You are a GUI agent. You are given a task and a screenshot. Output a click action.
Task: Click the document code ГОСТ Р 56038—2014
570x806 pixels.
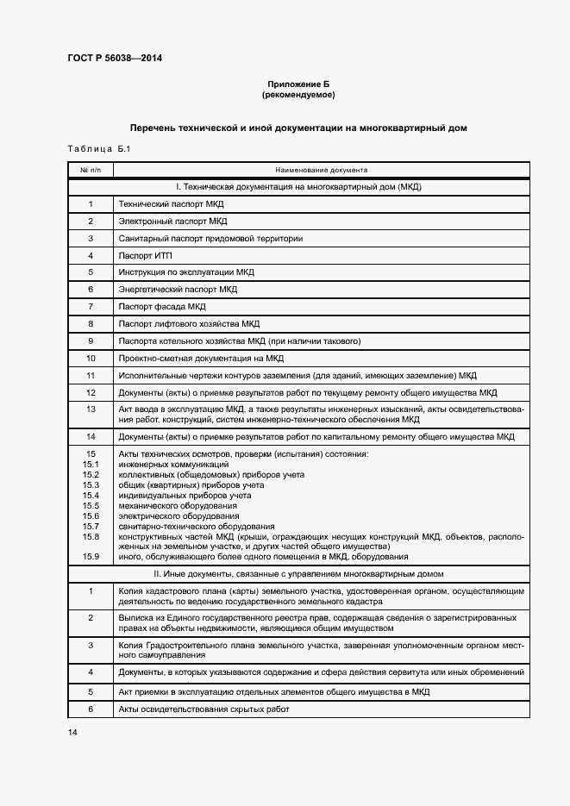tap(114, 59)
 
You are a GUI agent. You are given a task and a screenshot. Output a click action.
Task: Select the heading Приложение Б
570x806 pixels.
tap(298, 84)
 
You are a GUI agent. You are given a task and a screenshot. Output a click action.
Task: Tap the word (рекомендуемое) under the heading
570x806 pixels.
tap(298, 94)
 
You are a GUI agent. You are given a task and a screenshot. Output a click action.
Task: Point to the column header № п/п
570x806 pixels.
tap(90, 171)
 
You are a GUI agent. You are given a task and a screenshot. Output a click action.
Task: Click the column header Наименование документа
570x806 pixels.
tap(321, 171)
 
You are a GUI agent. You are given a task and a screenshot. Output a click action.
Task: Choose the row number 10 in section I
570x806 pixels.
tap(90, 358)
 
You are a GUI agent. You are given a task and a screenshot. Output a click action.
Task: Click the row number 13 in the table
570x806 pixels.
tap(90, 409)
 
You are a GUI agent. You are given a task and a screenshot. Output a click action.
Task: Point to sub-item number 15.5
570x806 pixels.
tap(90, 506)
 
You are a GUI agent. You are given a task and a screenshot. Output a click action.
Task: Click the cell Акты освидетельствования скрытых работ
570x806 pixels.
tap(203, 709)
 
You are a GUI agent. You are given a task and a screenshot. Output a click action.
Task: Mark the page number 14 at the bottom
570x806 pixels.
tap(72, 732)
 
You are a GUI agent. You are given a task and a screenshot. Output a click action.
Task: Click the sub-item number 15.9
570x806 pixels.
tap(90, 557)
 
